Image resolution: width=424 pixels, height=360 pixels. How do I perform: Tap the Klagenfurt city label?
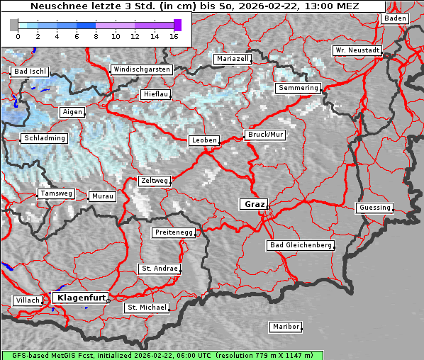pyautogui.click(x=81, y=298)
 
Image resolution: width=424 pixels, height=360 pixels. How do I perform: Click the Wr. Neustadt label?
pyautogui.click(x=357, y=50)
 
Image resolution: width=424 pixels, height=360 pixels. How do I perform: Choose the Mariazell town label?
pyautogui.click(x=233, y=59)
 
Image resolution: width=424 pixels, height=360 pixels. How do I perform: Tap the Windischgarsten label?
pyautogui.click(x=141, y=69)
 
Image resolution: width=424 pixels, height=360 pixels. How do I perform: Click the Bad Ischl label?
pyautogui.click(x=30, y=72)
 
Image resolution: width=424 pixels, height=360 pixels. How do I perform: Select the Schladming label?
pyautogui.click(x=44, y=138)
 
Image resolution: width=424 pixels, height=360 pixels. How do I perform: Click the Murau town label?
pyautogui.click(x=102, y=196)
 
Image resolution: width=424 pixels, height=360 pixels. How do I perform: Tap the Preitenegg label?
pyautogui.click(x=173, y=232)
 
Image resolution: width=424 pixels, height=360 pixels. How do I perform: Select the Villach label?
pyautogui.click(x=27, y=300)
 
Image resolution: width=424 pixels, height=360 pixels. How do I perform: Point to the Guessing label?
pyautogui.click(x=374, y=208)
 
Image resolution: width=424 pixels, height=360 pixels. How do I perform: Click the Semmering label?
pyautogui.click(x=298, y=88)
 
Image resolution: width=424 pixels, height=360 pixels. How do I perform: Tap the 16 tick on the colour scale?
pyautogui.click(x=174, y=36)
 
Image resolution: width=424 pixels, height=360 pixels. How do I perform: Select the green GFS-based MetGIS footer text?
pyautogui.click(x=162, y=355)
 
